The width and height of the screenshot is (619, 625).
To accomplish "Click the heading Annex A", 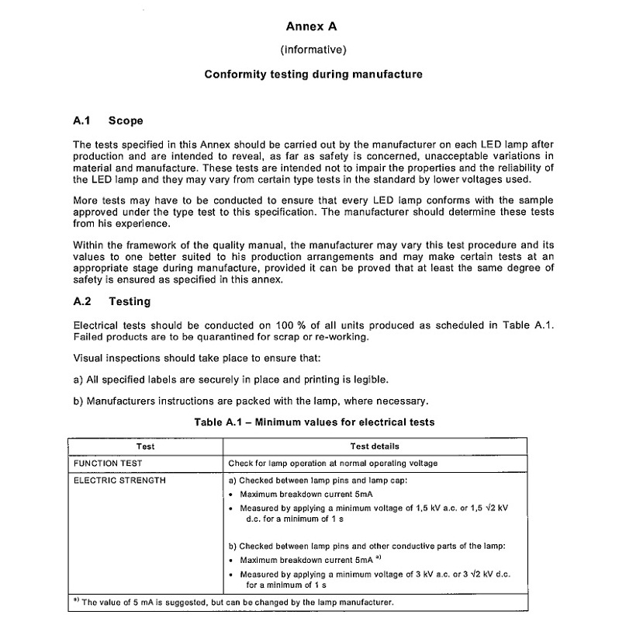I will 312,27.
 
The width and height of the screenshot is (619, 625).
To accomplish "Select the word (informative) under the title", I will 312,50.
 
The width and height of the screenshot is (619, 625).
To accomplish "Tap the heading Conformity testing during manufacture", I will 313,75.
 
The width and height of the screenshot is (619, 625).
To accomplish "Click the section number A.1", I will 82,120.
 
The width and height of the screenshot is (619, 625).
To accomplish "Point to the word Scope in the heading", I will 126,120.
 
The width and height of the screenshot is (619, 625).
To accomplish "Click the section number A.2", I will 82,301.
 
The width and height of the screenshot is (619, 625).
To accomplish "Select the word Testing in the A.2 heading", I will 130,301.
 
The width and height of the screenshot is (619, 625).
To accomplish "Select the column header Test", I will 145,446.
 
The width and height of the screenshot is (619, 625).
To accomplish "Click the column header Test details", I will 375,446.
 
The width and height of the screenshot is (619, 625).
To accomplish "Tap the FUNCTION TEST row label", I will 108,464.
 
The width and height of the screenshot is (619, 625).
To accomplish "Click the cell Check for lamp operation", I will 333,464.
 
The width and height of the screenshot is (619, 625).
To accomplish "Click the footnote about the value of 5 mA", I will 233,602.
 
